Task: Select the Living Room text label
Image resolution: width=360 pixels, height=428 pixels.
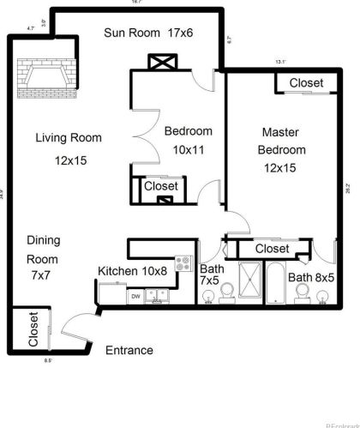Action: pos(69,137)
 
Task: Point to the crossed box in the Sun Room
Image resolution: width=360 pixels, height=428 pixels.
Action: pos(161,63)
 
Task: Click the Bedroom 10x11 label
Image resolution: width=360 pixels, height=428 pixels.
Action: pos(188,140)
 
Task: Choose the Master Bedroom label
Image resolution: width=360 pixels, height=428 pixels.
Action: pos(279,149)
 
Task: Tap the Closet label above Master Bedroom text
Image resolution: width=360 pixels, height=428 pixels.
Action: pos(306,83)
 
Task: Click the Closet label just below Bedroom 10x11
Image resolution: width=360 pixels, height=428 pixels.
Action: pos(161,186)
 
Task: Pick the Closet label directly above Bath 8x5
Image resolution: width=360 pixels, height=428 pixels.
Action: pos(273,249)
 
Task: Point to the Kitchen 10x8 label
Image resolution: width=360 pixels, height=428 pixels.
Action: pos(132,271)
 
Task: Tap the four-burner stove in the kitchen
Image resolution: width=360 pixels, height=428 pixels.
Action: pos(183,263)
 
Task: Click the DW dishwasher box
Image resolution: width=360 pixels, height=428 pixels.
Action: pos(135,296)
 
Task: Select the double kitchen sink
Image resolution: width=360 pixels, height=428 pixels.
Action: pos(157,296)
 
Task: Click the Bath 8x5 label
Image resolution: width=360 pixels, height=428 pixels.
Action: pos(309,277)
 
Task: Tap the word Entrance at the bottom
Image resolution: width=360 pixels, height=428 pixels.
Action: pos(129,350)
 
